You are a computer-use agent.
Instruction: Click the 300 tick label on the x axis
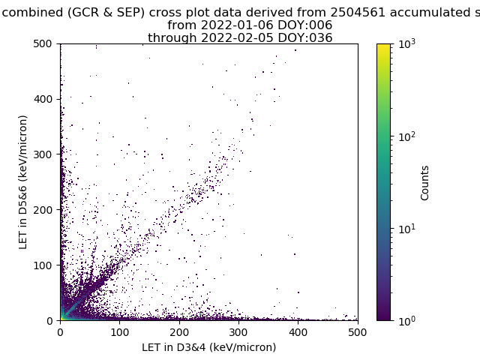[238, 332]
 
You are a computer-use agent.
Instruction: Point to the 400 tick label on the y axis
[43, 99]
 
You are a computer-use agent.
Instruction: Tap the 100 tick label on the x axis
[119, 332]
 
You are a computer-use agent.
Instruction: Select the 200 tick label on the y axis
[43, 210]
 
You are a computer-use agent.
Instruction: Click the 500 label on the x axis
[358, 332]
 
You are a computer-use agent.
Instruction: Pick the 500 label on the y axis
[43, 43]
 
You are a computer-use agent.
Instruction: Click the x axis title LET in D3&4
[209, 347]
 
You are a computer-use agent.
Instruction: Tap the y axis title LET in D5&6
[23, 182]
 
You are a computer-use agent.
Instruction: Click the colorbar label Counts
[424, 183]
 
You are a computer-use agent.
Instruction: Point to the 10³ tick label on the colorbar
[407, 44]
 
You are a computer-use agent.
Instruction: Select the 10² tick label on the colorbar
[407, 136]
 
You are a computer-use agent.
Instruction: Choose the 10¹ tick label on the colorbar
[407, 229]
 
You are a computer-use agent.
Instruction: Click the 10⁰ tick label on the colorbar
[407, 321]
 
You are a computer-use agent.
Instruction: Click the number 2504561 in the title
[357, 13]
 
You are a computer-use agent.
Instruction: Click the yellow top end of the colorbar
[383, 45]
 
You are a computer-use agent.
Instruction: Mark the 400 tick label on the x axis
[298, 332]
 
